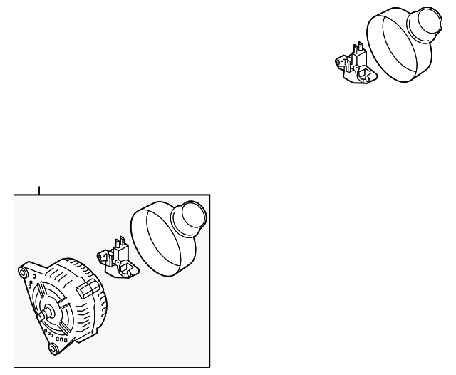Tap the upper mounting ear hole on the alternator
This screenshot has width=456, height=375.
point(24,272)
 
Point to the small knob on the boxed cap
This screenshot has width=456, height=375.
point(191,217)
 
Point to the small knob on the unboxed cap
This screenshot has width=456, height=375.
point(425,24)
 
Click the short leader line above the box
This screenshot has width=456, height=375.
point(39,190)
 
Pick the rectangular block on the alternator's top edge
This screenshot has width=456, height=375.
point(88,287)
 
